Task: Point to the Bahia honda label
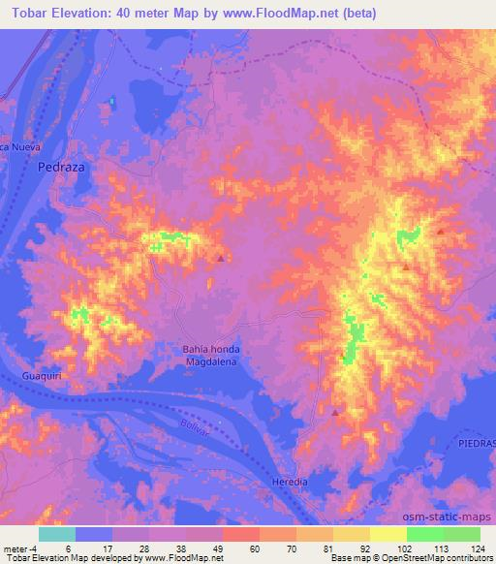pos(211,349)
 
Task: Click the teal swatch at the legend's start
pos(56,534)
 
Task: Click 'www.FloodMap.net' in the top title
pos(275,14)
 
